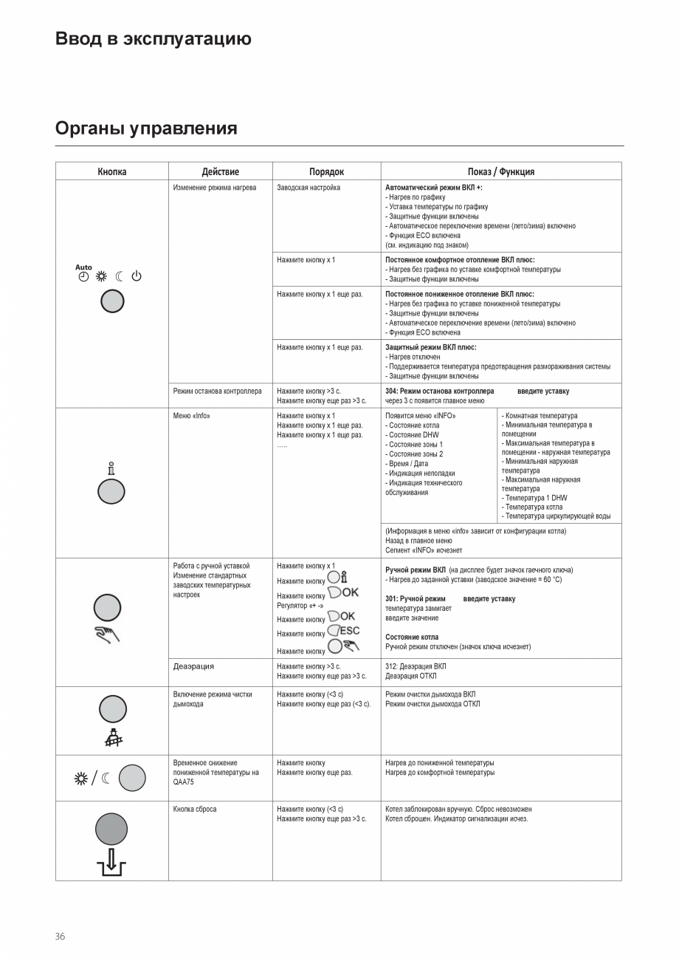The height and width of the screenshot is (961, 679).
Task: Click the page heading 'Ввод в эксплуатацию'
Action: pos(153,39)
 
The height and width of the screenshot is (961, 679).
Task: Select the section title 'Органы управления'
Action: pos(146,129)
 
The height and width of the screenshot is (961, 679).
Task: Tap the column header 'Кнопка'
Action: pos(112,171)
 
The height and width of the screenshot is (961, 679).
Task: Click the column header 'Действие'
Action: pos(220,171)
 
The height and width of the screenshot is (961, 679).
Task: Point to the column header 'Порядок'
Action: pos(326,171)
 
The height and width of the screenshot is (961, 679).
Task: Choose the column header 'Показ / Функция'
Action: pos(500,171)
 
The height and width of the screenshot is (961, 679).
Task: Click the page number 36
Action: pos(60,936)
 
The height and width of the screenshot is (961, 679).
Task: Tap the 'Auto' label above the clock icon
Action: pos(83,267)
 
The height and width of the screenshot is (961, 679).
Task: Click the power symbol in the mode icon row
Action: pos(137,277)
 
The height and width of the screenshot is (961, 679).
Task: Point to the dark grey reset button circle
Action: pos(111,829)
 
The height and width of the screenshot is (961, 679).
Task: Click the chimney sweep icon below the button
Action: pos(112,736)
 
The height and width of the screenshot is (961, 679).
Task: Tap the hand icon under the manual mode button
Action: pos(108,633)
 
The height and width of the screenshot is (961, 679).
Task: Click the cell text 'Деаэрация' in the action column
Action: pos(193,666)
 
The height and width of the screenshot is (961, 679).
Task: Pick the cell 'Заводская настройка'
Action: pos(309,188)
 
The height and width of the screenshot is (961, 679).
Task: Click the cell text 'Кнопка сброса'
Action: pos(195,810)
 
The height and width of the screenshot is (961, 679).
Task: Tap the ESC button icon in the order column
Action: pos(343,632)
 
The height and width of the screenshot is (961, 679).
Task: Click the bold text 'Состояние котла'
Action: pos(412,637)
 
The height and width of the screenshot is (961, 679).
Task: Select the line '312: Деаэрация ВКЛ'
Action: pos(416,666)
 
